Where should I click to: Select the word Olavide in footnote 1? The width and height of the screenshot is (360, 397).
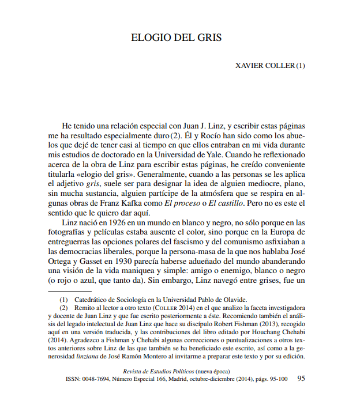click(233, 300)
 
